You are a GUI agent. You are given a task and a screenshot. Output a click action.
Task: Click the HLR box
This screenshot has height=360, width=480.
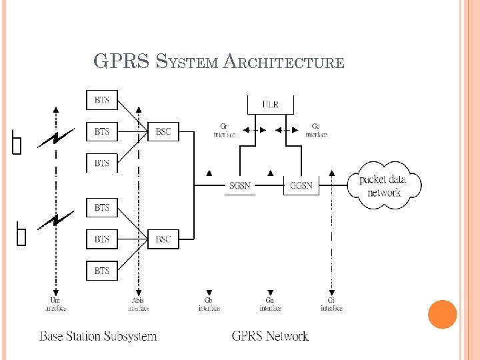pyautogui.click(x=270, y=104)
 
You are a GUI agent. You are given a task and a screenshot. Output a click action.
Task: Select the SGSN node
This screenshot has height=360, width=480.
pyautogui.click(x=240, y=185)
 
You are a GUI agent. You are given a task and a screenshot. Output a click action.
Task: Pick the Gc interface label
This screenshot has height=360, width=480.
pyautogui.click(x=316, y=131)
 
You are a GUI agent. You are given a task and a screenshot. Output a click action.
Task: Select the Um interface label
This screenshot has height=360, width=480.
pyautogui.click(x=56, y=305)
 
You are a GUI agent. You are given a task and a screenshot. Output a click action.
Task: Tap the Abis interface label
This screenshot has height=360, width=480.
pyautogui.click(x=138, y=305)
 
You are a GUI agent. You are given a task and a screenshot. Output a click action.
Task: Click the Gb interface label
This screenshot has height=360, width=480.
pyautogui.click(x=209, y=305)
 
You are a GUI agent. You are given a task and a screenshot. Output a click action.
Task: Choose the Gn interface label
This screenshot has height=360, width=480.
pyautogui.click(x=270, y=305)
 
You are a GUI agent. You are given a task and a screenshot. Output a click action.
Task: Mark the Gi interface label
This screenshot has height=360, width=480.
pyautogui.click(x=331, y=305)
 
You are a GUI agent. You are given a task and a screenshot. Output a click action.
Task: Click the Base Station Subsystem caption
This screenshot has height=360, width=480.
pyautogui.click(x=98, y=336)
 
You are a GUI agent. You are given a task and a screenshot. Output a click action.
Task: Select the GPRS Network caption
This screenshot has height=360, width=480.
pyautogui.click(x=270, y=336)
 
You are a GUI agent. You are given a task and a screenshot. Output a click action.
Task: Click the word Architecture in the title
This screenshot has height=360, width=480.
pyautogui.click(x=284, y=63)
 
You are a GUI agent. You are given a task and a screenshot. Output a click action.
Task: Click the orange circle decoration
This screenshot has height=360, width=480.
pyautogui.click(x=442, y=315)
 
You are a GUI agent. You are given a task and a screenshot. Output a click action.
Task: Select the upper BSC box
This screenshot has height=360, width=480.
pyautogui.click(x=163, y=132)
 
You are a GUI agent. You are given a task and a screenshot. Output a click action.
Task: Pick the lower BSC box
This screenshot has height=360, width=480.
pyautogui.click(x=163, y=239)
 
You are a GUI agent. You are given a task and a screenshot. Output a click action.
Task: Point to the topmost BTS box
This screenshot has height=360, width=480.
pyautogui.click(x=102, y=101)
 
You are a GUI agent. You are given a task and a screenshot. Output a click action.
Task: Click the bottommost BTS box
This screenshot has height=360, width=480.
pyautogui.click(x=102, y=271)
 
